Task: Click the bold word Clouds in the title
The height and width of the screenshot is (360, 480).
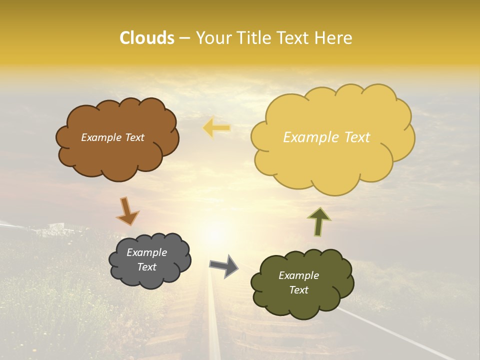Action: [146, 38]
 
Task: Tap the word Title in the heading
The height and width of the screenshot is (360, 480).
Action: [254, 38]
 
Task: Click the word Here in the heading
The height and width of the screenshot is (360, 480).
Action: [333, 38]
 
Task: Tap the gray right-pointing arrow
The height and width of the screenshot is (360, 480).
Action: [224, 265]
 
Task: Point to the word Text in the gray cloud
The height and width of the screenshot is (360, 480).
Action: [147, 267]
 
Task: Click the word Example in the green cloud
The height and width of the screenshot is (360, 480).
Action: [298, 275]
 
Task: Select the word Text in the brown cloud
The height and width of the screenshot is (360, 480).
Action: [133, 137]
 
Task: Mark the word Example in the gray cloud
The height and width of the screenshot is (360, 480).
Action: [147, 252]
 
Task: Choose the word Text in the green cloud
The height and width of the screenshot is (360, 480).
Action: [298, 290]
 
